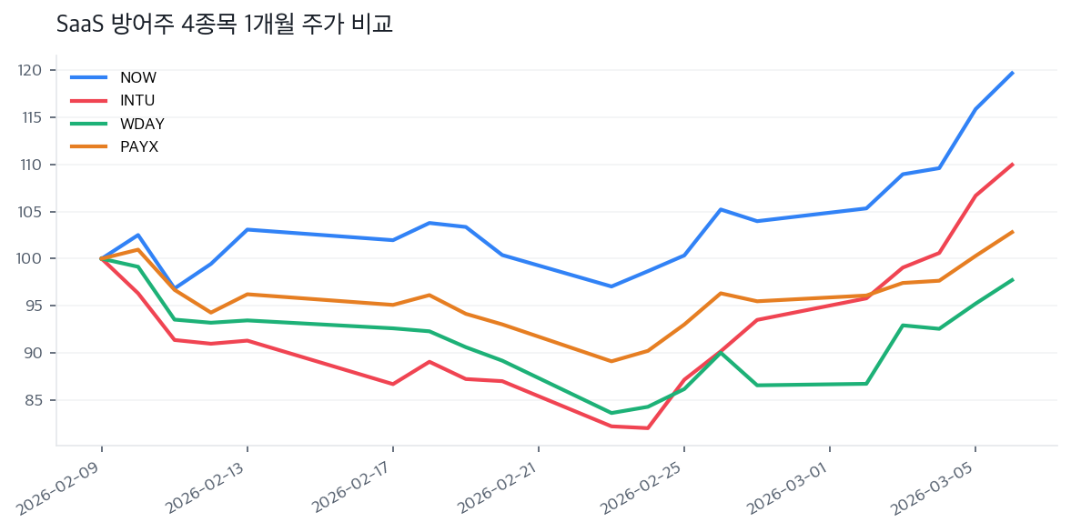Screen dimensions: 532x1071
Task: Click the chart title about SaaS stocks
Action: [224, 25]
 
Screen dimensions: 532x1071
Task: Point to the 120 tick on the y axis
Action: [31, 70]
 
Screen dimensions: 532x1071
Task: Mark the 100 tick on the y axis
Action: [31, 259]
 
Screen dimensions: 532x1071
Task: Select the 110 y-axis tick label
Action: [31, 165]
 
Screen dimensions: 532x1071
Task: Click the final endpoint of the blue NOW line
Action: [1013, 73]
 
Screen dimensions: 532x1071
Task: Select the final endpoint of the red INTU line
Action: [1013, 165]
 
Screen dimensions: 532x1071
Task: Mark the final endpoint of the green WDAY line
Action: [1013, 280]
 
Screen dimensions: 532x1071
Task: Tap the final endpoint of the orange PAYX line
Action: [1013, 232]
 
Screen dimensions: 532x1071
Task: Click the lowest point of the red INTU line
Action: [648, 428]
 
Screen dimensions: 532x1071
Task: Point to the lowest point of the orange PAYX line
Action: [611, 361]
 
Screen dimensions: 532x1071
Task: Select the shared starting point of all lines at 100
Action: [101, 259]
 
